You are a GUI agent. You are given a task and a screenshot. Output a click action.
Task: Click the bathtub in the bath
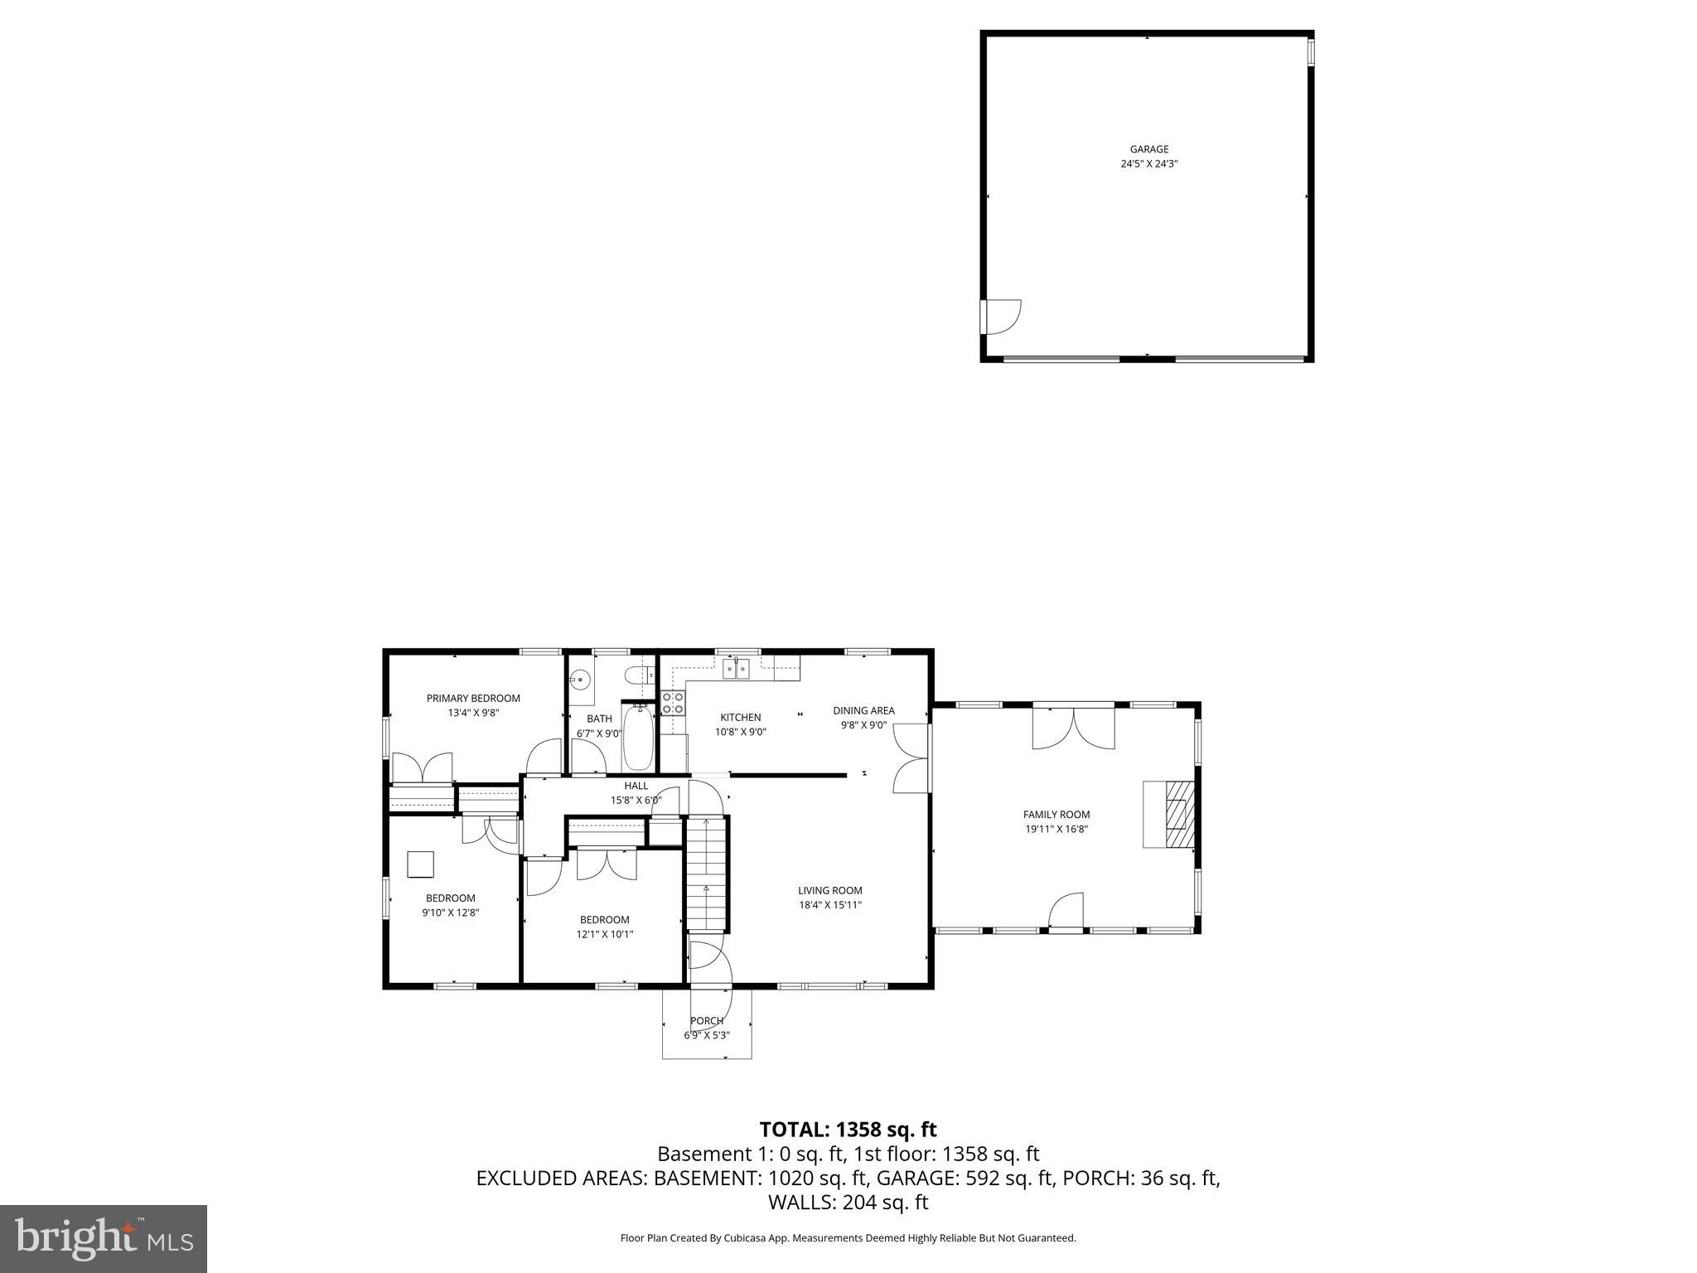tap(638, 737)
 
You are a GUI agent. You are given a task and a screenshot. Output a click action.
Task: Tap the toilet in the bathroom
tap(636, 675)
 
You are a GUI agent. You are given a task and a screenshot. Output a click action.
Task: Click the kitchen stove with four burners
tap(673, 703)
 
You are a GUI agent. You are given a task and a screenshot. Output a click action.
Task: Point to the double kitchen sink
tap(736, 668)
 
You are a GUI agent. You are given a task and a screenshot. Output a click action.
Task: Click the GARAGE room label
tap(1148, 150)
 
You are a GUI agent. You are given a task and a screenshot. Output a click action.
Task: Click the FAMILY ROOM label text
tap(1056, 815)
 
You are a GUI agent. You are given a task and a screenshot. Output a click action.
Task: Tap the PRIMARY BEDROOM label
tap(473, 699)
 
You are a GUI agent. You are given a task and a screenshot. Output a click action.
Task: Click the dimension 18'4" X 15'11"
tap(829, 905)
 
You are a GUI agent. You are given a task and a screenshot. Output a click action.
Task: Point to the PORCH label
tap(707, 1021)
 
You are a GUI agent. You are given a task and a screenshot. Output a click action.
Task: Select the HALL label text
tap(636, 786)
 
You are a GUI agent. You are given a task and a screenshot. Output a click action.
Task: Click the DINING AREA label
tap(863, 710)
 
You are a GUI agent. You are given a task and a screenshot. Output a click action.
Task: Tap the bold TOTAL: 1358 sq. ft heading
tap(848, 1129)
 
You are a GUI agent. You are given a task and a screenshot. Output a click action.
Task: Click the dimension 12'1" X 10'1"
tap(604, 934)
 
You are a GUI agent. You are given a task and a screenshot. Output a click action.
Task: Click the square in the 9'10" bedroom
tap(421, 864)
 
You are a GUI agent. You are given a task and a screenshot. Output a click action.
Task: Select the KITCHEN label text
tap(740, 718)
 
